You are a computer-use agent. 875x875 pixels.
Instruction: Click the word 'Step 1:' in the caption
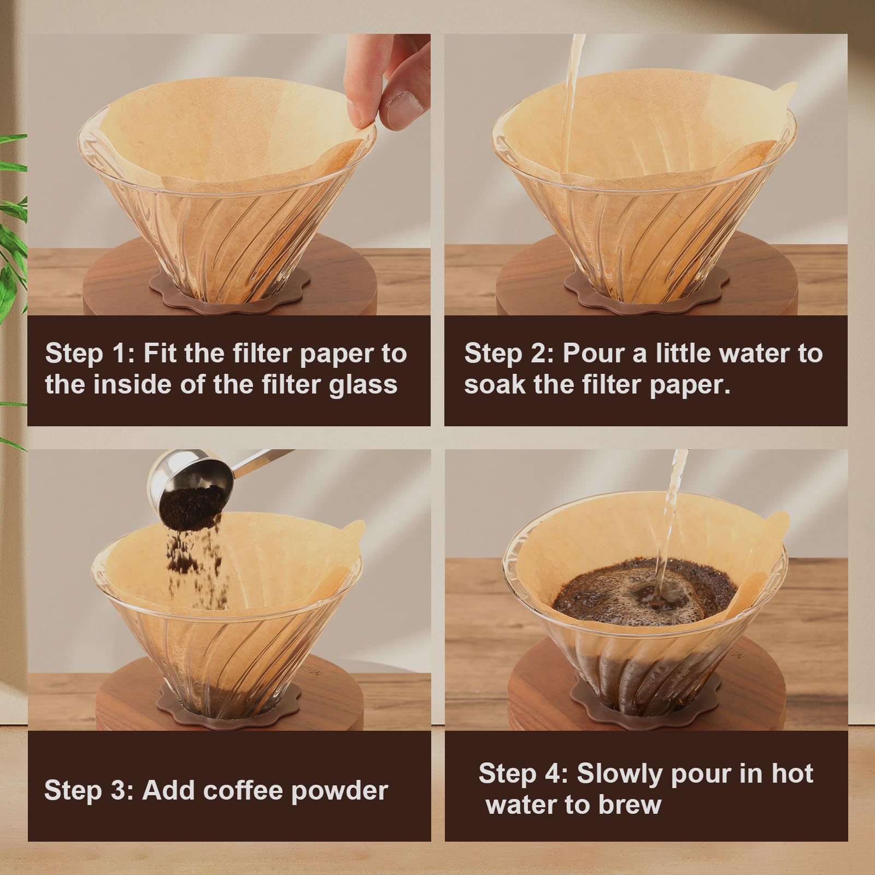pyautogui.click(x=90, y=354)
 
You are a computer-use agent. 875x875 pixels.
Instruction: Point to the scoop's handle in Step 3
pyautogui.click(x=268, y=456)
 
